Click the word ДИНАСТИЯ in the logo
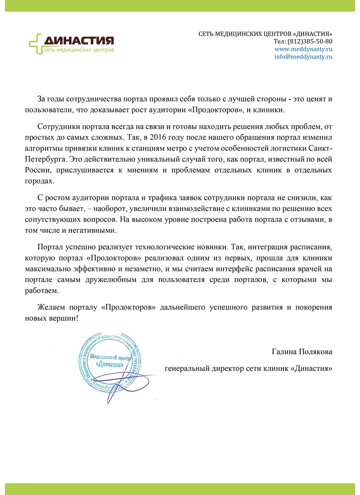coord(79,40)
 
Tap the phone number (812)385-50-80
coord(310,41)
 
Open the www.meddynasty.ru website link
coord(303,49)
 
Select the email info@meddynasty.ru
coord(303,57)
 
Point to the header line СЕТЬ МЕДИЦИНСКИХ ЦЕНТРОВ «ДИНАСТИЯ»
coord(265,34)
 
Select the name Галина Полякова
coord(302,351)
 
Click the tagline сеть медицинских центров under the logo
coord(79,49)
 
